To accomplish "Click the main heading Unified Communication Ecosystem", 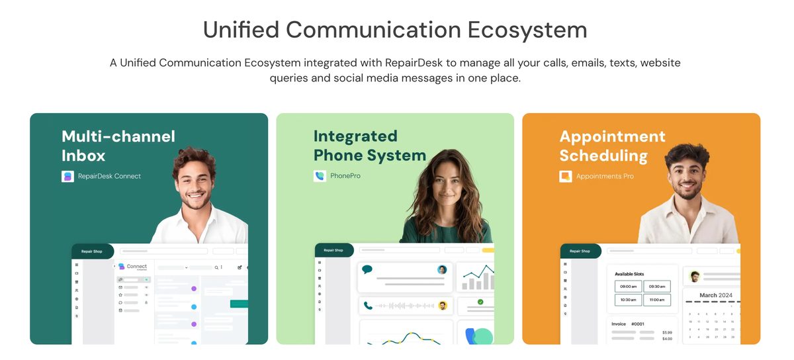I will point(395,30).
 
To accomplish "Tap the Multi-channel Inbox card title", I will point(118,146).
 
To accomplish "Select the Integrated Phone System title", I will point(369,146).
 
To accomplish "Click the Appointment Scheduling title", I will point(612,146).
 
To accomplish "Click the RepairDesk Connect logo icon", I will point(67,176).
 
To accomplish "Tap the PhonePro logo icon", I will point(320,176).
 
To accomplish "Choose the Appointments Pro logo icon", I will point(566,176).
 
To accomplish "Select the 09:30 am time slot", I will point(657,287).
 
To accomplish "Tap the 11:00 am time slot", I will point(657,300).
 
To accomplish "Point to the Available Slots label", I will point(629,274).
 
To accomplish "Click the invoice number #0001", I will point(637,324).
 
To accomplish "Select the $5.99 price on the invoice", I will point(667,332).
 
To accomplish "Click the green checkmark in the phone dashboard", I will point(480,302).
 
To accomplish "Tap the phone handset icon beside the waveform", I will point(367,306).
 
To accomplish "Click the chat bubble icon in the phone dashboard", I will point(367,269).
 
